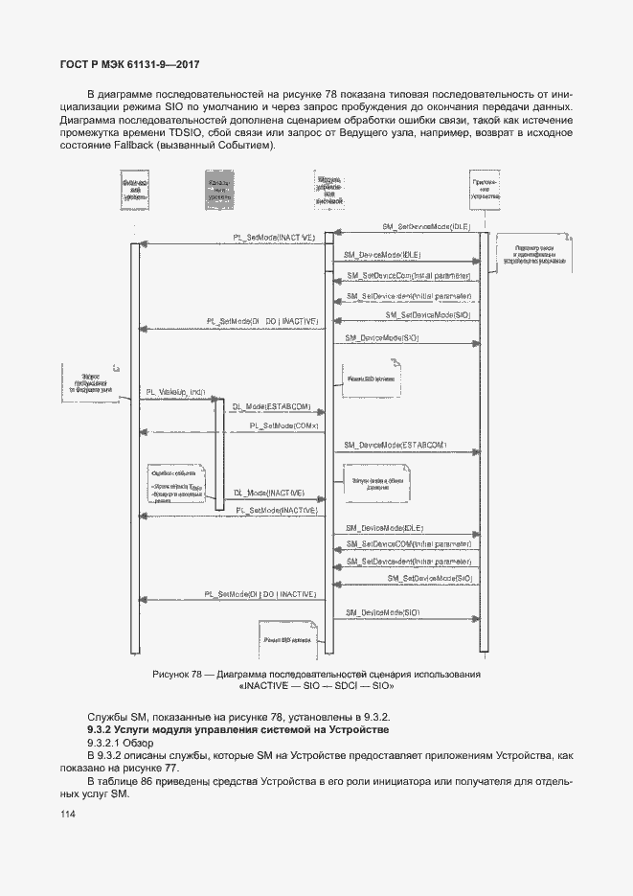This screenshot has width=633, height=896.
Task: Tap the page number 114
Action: click(x=67, y=814)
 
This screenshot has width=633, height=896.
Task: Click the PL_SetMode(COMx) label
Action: click(x=283, y=425)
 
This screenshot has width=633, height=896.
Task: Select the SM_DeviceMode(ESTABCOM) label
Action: click(x=395, y=446)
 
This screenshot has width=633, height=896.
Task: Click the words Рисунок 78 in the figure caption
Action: click(x=177, y=675)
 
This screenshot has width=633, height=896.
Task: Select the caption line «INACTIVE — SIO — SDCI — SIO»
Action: click(x=316, y=687)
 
